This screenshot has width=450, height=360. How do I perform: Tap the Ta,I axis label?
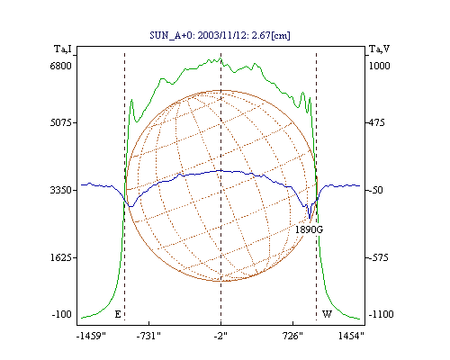(x=63, y=49)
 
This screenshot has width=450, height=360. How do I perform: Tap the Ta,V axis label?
(x=379, y=49)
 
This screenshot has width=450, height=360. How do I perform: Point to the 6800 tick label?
(x=60, y=66)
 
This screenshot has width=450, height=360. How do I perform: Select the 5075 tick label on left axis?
(x=62, y=122)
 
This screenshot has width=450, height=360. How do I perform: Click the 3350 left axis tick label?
(x=61, y=190)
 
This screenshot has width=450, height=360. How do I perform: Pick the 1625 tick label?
(x=62, y=257)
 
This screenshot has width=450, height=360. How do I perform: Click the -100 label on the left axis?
(x=62, y=314)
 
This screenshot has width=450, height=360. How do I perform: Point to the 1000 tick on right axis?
(x=379, y=66)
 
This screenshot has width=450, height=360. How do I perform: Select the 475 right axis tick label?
(x=376, y=122)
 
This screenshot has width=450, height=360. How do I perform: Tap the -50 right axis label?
(x=375, y=190)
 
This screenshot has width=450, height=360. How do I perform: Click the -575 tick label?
(x=378, y=257)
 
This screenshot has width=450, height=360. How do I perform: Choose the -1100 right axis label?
(x=381, y=314)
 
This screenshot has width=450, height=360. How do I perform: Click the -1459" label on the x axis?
(x=91, y=336)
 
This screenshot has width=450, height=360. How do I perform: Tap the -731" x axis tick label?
(x=148, y=336)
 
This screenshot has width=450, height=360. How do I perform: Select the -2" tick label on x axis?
(x=220, y=336)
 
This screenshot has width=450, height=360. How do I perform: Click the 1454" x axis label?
(x=351, y=336)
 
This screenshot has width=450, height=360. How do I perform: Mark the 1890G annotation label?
(x=309, y=229)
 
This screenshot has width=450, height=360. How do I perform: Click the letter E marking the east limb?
(x=118, y=314)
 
